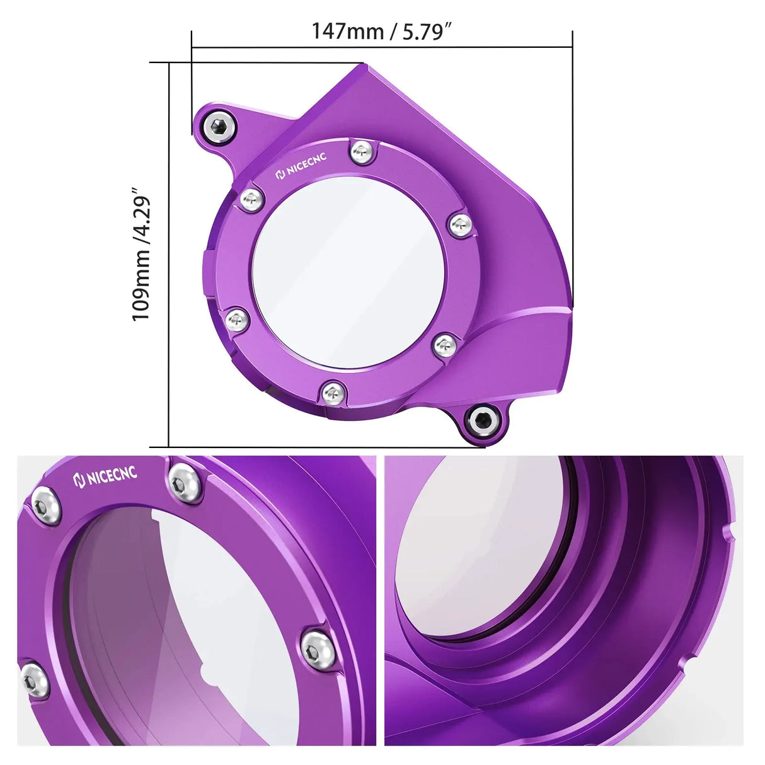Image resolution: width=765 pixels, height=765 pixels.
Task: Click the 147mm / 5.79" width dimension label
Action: point(382,31)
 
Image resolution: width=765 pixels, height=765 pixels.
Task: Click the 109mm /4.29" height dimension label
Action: point(142,253)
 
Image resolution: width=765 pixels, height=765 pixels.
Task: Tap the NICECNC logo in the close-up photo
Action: point(105,477)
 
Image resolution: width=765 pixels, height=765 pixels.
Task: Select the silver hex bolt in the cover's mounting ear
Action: point(219,126)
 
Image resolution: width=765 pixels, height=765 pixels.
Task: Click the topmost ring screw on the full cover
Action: point(360,151)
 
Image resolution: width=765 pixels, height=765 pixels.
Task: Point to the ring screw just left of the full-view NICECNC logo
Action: point(251,199)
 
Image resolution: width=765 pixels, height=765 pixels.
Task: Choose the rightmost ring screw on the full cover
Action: point(461,224)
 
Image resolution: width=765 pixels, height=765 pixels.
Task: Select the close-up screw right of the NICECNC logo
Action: point(185,482)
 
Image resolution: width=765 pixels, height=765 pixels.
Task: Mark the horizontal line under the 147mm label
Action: point(382,47)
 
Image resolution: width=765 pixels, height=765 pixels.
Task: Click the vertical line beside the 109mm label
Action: point(169,253)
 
